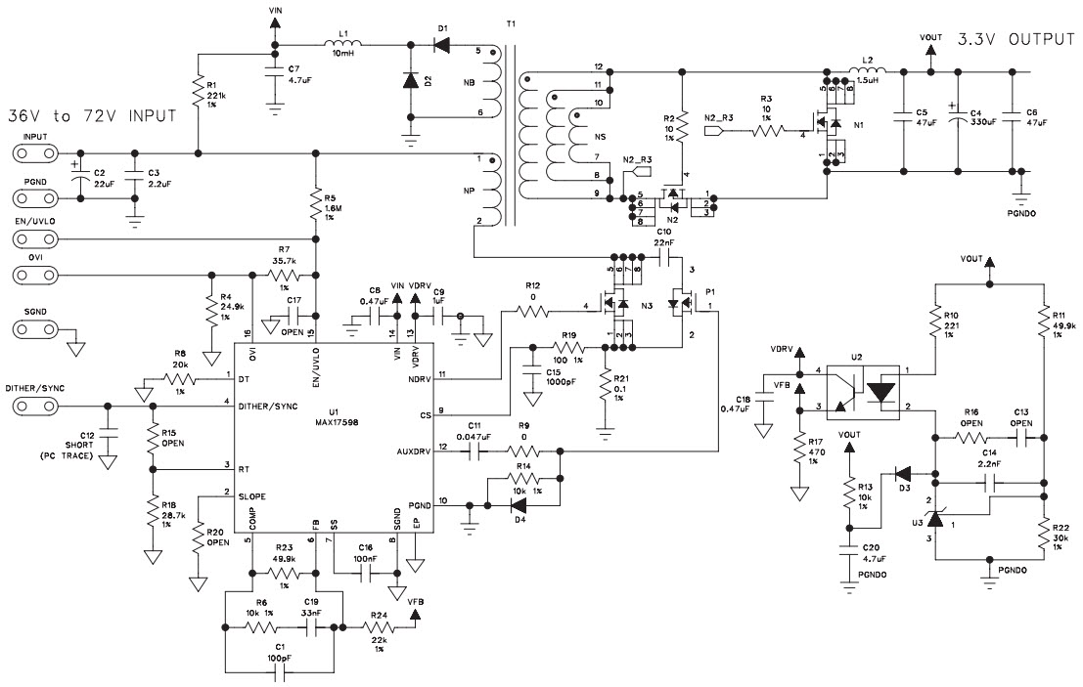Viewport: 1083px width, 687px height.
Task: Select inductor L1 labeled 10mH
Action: click(x=343, y=45)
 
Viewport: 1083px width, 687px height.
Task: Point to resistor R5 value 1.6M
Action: click(x=315, y=207)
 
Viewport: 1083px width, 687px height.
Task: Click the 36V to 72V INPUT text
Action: click(x=92, y=115)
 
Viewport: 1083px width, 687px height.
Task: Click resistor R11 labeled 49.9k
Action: click(x=1044, y=322)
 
